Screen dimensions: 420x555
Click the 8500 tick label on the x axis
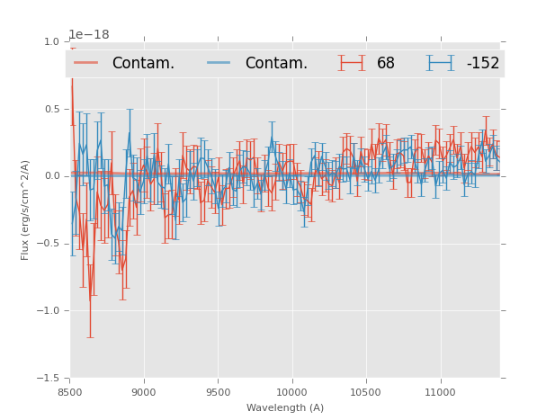70,392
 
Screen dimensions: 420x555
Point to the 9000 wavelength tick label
144,392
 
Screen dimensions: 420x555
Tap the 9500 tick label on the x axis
218,392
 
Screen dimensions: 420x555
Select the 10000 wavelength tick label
291,392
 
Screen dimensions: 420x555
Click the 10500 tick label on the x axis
365,392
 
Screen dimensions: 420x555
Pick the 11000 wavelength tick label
439,392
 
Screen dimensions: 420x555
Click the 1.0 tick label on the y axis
51,41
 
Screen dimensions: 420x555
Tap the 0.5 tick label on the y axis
51,109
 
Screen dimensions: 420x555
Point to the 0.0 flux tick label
51,176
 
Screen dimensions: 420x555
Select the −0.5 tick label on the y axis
49,244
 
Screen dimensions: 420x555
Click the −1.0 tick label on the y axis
49,311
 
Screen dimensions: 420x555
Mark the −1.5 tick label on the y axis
49,379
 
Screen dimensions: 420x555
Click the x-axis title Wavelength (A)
285,407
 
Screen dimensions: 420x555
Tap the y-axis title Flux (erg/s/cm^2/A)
26,210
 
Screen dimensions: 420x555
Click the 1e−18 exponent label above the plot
89,35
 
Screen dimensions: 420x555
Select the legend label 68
386,63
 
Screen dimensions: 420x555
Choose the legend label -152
483,63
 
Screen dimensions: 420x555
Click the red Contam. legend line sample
86,63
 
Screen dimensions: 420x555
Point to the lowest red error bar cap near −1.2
90,337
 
